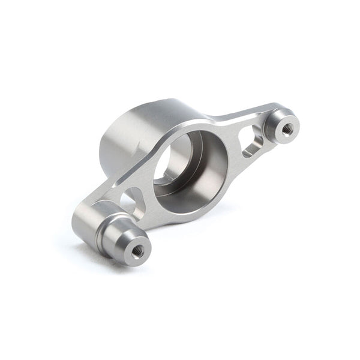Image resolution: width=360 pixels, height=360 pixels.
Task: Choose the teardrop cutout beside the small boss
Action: coord(251,142)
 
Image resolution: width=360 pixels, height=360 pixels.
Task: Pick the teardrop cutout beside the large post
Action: coord(133,199)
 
